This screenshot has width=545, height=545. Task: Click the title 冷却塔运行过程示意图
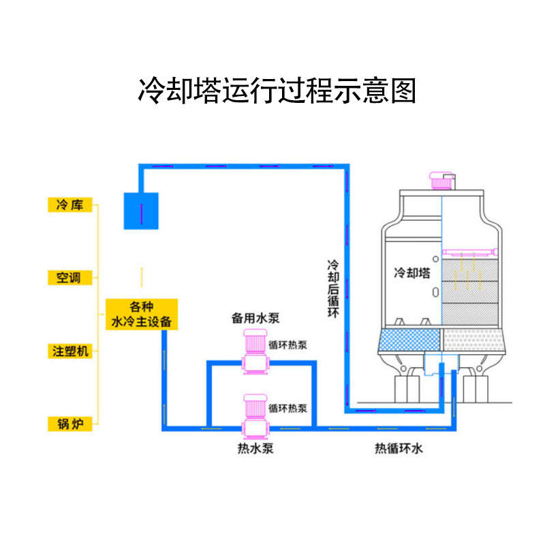pyautogui.click(x=277, y=91)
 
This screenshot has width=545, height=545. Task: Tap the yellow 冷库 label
pyautogui.click(x=69, y=204)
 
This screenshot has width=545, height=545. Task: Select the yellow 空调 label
pyautogui.click(x=69, y=278)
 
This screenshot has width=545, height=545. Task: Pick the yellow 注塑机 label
pyautogui.click(x=71, y=352)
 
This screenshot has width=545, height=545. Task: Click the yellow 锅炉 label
pyautogui.click(x=69, y=424)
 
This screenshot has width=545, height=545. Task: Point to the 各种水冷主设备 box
pyautogui.click(x=142, y=313)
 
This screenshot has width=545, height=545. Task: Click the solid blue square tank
pyautogui.click(x=140, y=211)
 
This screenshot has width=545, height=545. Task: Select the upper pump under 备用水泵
pyautogui.click(x=256, y=350)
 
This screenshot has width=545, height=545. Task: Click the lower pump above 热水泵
pyautogui.click(x=256, y=414)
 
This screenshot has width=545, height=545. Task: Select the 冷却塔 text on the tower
pyautogui.click(x=412, y=273)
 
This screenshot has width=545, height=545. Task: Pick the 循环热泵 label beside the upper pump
pyautogui.click(x=287, y=345)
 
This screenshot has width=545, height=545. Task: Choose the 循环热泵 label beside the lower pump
pyautogui.click(x=287, y=409)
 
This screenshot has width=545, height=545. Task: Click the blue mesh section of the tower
pyautogui.click(x=409, y=339)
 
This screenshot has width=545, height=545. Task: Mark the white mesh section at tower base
pyautogui.click(x=474, y=339)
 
